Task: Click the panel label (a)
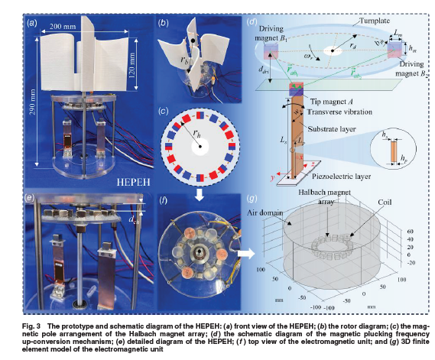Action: point(32,23)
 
